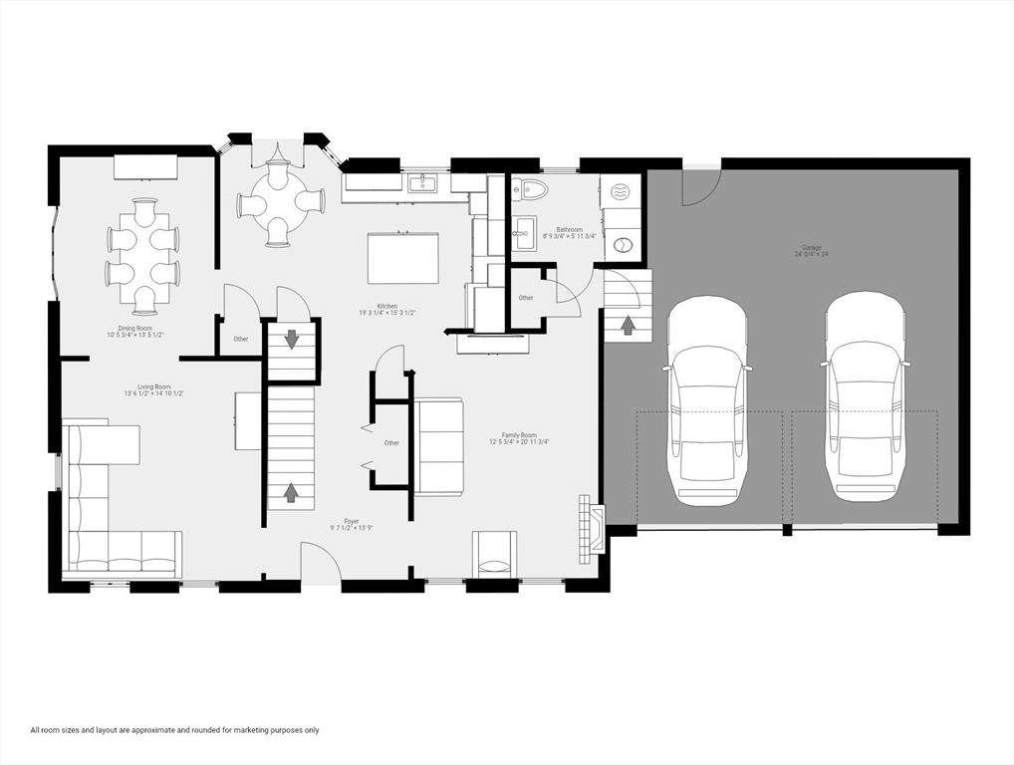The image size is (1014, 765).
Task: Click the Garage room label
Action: (x=812, y=250)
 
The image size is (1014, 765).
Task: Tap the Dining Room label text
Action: (x=134, y=331)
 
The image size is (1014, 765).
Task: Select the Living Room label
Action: (x=154, y=389)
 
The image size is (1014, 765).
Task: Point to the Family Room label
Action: (x=518, y=438)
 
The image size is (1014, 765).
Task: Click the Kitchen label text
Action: (x=386, y=309)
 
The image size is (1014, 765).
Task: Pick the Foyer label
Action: (x=352, y=524)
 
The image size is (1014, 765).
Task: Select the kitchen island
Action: (x=403, y=259)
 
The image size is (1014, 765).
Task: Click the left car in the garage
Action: (x=707, y=398)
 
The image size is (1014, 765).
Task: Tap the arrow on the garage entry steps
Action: (x=628, y=325)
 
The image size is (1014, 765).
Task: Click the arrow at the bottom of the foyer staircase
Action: (x=291, y=492)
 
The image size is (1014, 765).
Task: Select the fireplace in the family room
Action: (x=592, y=529)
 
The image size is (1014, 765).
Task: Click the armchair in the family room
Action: (x=495, y=555)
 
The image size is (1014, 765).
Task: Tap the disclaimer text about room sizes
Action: (x=174, y=730)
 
